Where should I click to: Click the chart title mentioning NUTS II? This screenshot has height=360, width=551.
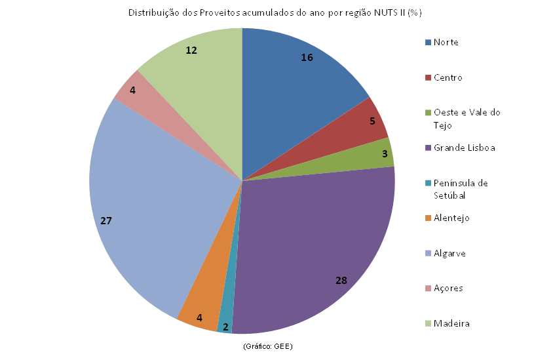pos(275,13)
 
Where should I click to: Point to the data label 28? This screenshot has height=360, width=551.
pos(341,281)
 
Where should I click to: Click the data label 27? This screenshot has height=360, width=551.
pos(106,221)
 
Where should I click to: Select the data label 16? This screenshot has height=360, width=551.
pos(307,58)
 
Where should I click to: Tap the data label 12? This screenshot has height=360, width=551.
pos(191,50)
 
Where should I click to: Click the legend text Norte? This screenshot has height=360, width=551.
pos(446,42)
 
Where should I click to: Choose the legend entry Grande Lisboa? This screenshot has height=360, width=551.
pos(461,148)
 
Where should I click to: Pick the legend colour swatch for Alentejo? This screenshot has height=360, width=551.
pos(428,218)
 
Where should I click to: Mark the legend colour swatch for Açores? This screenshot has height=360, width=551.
pos(428,289)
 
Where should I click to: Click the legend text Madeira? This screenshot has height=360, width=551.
pos(451,323)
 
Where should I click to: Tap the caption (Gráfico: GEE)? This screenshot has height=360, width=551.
pos(268,346)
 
